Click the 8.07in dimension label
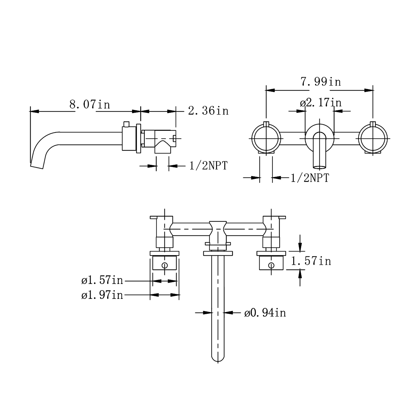coord(90,104)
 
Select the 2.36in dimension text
coord(208,111)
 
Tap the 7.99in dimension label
coord(321,82)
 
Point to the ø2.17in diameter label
coord(321,102)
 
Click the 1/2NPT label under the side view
coord(208,166)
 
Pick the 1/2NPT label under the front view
coord(310,178)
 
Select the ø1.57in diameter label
coord(102,280)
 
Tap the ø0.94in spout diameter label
coord(265,313)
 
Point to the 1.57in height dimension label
coord(311,261)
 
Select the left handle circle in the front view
coord(266,138)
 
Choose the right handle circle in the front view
coord(373,138)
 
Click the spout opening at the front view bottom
coord(319,167)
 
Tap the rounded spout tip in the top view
coord(218,359)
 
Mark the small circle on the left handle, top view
coord(164,265)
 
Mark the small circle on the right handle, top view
coord(271,265)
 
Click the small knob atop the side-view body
coord(126,124)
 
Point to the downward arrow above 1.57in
coord(300,246)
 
